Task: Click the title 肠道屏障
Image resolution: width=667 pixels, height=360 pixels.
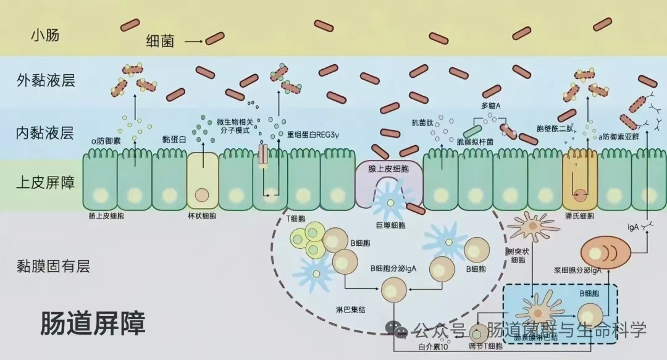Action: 93,323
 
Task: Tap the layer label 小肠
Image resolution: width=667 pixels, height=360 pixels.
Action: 45,35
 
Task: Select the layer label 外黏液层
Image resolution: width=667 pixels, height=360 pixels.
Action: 46,80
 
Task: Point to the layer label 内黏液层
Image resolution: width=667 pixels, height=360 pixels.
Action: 45,132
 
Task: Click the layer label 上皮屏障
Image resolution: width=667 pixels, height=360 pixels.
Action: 45,182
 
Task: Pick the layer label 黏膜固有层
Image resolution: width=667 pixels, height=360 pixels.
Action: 53,266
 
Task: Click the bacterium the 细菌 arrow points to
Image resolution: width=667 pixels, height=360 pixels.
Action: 215,38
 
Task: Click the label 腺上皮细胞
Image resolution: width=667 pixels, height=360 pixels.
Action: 389,169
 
